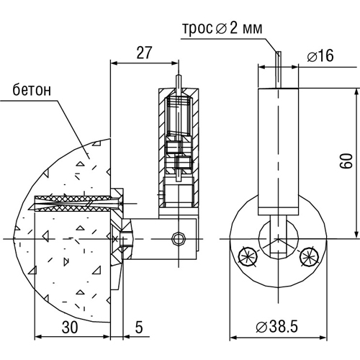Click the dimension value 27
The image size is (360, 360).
click(144, 53)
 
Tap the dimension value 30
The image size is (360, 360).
click(70, 327)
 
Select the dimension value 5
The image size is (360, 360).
click(139, 327)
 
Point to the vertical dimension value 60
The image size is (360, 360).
click(347, 161)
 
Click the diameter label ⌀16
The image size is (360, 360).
click(320, 55)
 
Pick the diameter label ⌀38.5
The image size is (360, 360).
click(276, 327)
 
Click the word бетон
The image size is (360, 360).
click(32, 90)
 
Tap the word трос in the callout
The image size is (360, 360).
click(198, 30)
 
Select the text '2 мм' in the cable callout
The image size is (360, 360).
click(246, 29)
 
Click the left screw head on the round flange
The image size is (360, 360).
click(248, 256)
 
